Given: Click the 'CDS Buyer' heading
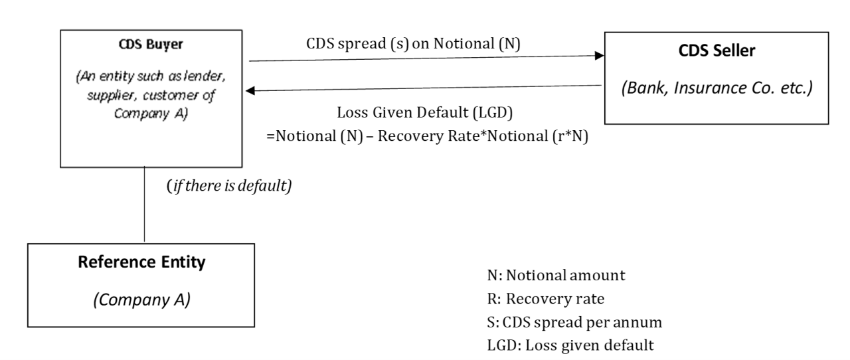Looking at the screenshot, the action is pyautogui.click(x=151, y=45).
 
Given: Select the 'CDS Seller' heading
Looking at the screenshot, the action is pyautogui.click(x=717, y=50).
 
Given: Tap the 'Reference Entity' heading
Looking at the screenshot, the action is pyautogui.click(x=141, y=262).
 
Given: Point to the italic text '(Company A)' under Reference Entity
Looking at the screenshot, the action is pyautogui.click(x=141, y=300).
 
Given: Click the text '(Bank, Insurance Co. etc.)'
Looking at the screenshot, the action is pyautogui.click(x=717, y=88).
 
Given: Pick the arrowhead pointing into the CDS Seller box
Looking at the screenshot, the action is pyautogui.click(x=600, y=56).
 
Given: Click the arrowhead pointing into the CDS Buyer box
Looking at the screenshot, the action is pyautogui.click(x=250, y=90).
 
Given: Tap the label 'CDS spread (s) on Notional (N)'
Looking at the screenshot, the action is pyautogui.click(x=413, y=44).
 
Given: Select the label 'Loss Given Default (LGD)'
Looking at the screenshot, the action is pyautogui.click(x=424, y=113).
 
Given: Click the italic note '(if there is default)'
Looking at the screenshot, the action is pyautogui.click(x=229, y=186).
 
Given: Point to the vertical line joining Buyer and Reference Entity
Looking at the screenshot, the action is pyautogui.click(x=144, y=205).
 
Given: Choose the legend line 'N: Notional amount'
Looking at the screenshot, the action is pyautogui.click(x=556, y=276).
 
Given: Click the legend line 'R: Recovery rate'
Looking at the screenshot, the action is pyautogui.click(x=546, y=299).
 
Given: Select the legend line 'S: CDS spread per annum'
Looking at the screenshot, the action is pyautogui.click(x=574, y=322).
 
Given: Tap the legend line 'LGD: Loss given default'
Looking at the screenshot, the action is pyautogui.click(x=570, y=345).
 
